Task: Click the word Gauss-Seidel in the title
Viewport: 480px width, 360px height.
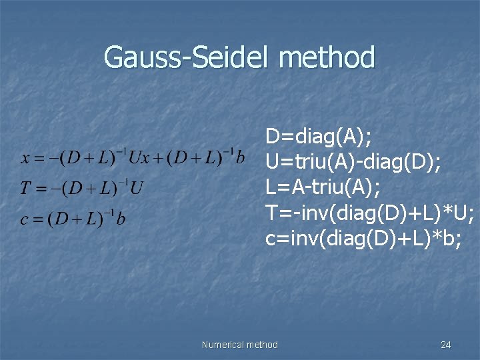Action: point(188,57)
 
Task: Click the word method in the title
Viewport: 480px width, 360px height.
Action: point(327,57)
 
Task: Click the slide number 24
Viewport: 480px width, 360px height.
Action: point(446,345)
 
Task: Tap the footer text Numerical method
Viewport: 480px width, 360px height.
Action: point(239,345)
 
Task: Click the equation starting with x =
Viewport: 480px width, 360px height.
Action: point(133,158)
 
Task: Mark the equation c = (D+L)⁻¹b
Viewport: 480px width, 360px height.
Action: point(73,219)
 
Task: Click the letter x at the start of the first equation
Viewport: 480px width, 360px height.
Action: point(25,159)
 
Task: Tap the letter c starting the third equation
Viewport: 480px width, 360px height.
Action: point(24,219)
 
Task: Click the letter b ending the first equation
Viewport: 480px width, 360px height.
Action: point(241,158)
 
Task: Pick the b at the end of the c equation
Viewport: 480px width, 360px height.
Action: point(121,219)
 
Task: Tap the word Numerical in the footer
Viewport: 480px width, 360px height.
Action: point(223,345)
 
